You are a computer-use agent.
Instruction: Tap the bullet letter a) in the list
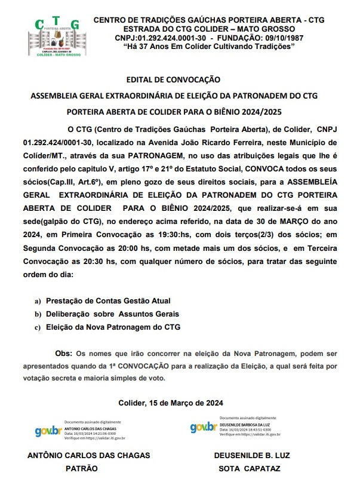[38, 300]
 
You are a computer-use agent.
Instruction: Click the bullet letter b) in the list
[38, 314]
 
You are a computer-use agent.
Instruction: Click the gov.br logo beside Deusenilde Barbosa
[203, 427]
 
